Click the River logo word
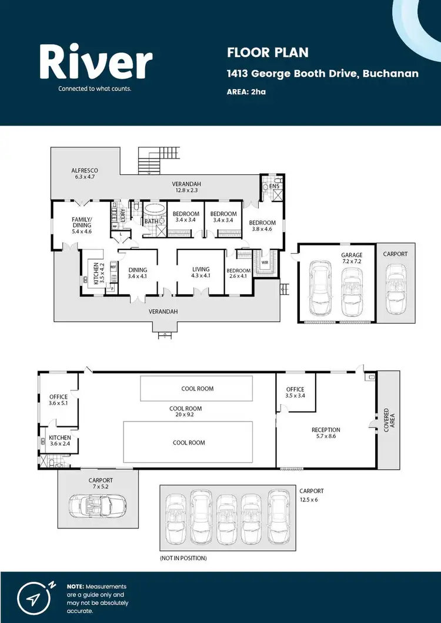click(96, 63)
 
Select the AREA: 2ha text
click(246, 92)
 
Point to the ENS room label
click(273, 186)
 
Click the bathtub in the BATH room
click(155, 210)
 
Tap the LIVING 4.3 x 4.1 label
click(201, 272)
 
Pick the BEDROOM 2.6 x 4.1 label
click(239, 274)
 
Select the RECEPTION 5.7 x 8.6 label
click(326, 433)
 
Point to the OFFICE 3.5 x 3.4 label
click(295, 393)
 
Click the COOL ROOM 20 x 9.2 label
click(185, 412)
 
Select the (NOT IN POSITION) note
click(183, 558)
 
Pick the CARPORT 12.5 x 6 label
click(312, 494)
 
